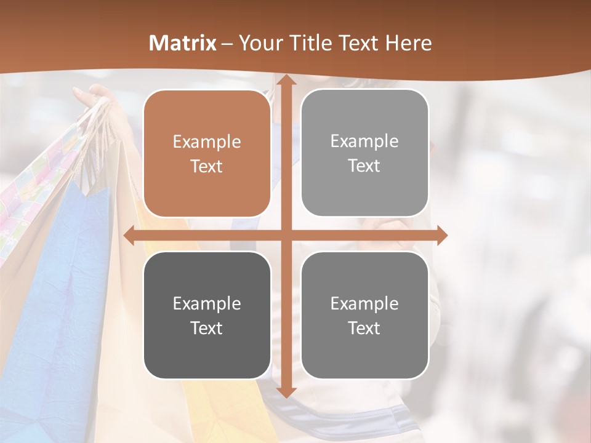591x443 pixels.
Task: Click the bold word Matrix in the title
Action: (183, 43)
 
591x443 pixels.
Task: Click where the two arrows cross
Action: (286, 236)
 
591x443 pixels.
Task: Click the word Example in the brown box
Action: (207, 142)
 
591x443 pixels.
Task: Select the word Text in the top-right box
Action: (364, 166)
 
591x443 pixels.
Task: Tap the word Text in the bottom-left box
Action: (207, 328)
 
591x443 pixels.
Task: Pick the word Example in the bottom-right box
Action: (364, 303)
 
